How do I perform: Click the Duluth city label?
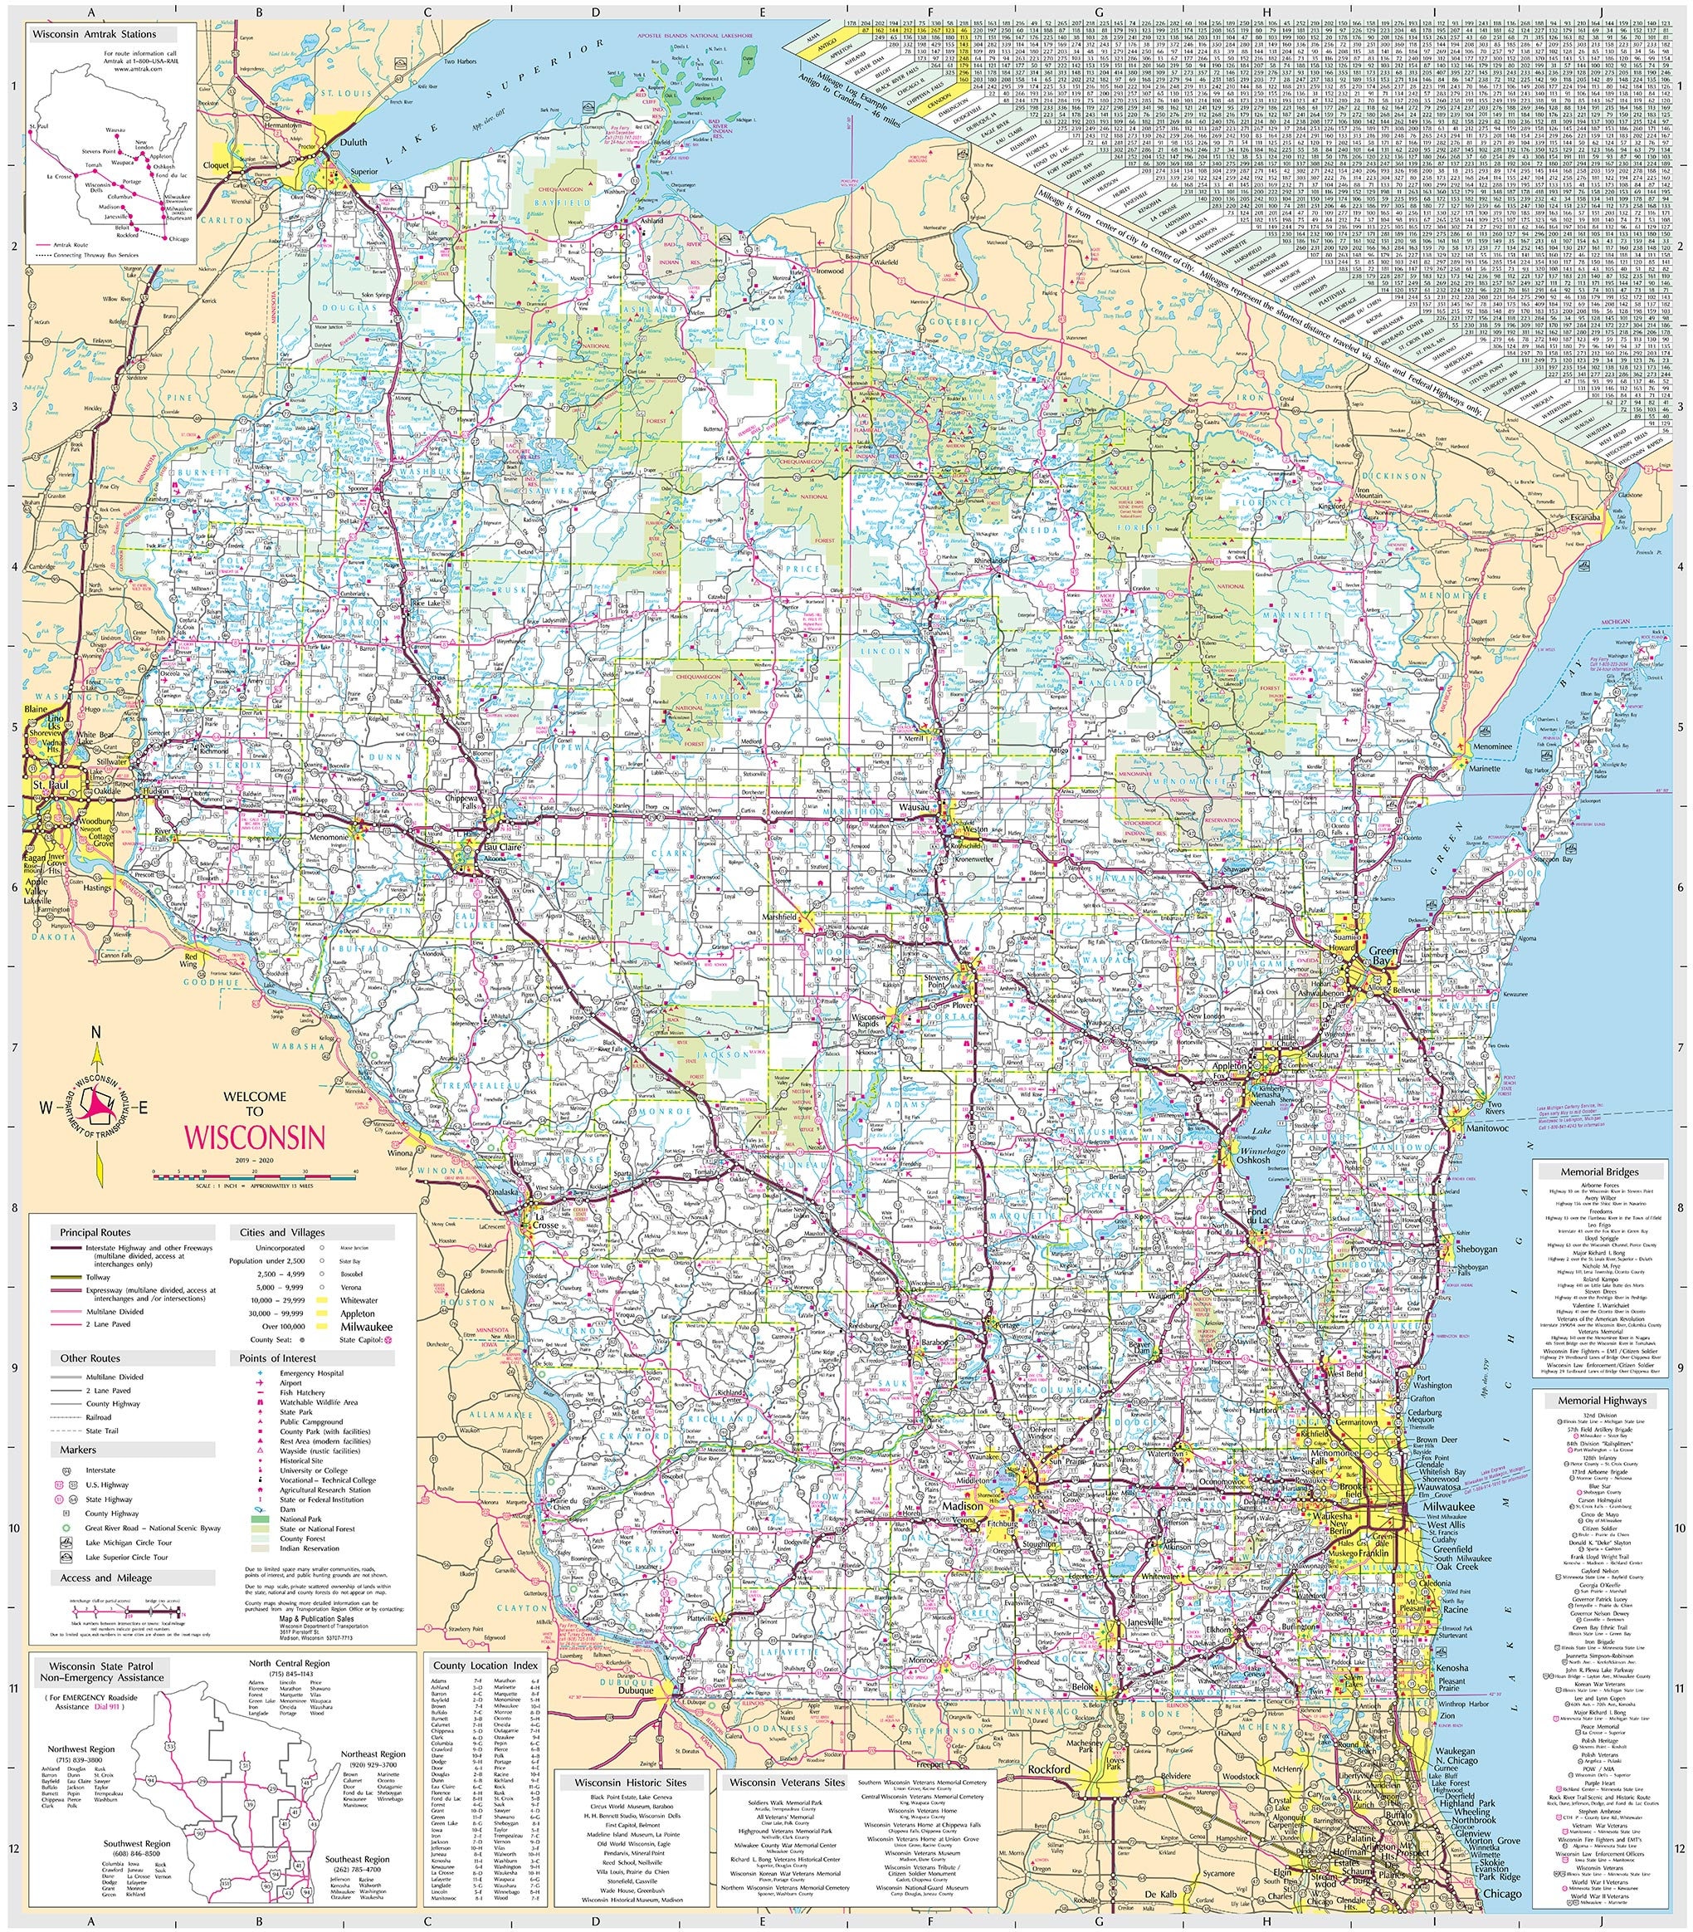coord(341,144)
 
